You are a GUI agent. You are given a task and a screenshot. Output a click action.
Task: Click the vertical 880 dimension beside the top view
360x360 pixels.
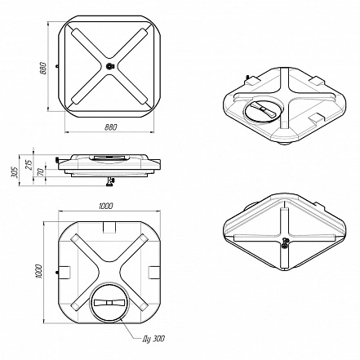(x=43, y=69)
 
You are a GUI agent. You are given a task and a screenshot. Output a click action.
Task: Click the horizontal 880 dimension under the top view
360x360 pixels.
(x=111, y=127)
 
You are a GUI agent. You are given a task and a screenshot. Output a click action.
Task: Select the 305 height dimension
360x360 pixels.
(x=15, y=172)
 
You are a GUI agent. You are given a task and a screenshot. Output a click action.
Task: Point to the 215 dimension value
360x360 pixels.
(x=29, y=164)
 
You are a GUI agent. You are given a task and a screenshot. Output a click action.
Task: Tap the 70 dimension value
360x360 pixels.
(x=40, y=171)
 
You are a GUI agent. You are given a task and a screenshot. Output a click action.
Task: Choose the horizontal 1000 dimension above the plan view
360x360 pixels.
(x=106, y=206)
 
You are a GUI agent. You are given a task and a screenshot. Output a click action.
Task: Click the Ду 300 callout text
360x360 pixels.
(x=153, y=339)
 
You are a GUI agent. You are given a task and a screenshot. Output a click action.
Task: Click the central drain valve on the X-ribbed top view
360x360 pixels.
(x=110, y=66)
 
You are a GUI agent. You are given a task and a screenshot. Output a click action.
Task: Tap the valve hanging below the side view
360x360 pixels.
(x=110, y=182)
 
